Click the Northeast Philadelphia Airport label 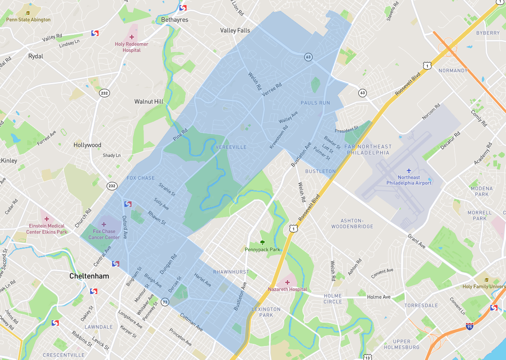409,180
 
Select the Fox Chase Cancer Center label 104,234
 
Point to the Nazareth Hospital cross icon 288,282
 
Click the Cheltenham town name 89,276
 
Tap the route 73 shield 165,302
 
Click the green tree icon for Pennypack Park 262,242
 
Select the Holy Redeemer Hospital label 132,47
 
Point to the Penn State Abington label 28,19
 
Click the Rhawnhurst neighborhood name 231,272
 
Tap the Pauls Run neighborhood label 315,103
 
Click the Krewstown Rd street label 279,136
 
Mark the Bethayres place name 175,20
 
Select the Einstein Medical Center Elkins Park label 47,229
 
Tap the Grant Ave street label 417,241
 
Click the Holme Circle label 333,299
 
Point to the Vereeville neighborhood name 231,147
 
